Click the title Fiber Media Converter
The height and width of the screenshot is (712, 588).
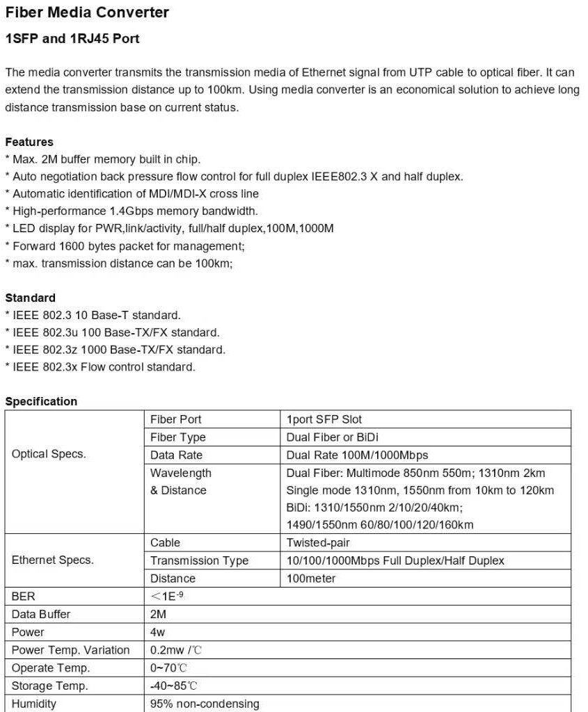tap(87, 13)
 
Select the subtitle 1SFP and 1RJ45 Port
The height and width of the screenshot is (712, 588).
tap(72, 39)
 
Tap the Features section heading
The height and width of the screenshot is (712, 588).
tap(29, 142)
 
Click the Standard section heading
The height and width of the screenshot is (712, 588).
tap(31, 298)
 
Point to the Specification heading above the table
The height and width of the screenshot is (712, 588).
tap(41, 401)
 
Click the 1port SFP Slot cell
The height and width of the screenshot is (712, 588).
tap(324, 419)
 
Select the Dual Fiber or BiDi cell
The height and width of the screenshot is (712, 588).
tap(332, 437)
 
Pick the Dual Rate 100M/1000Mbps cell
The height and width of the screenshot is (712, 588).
tap(357, 455)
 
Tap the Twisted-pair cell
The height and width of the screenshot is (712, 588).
tap(318, 542)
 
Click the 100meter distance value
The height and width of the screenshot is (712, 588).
tap(311, 578)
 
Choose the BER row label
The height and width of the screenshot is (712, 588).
tap(24, 597)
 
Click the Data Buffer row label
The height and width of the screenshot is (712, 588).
tap(41, 615)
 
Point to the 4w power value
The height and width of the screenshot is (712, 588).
tap(158, 633)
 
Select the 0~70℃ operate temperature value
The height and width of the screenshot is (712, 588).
tap(169, 668)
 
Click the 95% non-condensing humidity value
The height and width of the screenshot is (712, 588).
tap(205, 704)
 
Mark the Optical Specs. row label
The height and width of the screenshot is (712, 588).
tap(49, 454)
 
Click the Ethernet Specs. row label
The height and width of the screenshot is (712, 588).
tap(53, 560)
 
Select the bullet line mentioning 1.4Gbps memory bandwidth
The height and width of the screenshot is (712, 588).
tap(132, 211)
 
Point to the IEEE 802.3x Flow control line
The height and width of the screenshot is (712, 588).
tap(100, 366)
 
